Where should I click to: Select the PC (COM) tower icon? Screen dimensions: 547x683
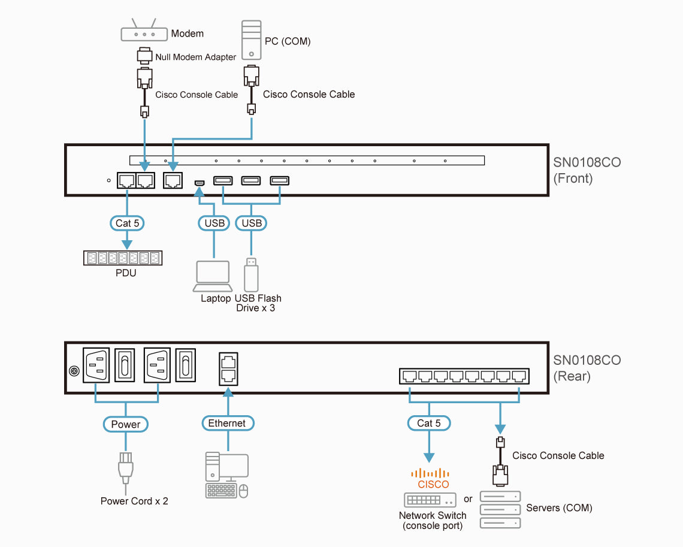251,41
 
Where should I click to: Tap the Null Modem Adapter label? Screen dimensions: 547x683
195,58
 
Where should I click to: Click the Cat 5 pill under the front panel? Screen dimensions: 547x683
127,223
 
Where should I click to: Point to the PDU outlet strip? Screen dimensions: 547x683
123,258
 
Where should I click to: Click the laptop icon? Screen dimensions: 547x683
213,276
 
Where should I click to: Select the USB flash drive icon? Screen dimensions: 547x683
251,275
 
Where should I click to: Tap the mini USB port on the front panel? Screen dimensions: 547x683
200,181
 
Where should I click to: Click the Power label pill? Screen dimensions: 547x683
126,424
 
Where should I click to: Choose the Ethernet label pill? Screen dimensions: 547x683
227,423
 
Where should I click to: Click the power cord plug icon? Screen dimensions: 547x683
125,469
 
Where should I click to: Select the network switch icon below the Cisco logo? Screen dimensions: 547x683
430,500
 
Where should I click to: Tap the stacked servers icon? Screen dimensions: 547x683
500,510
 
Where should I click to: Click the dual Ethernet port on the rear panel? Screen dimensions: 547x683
228,368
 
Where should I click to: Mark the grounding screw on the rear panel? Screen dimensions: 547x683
75,371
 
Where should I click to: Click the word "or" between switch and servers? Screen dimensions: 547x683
468,499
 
